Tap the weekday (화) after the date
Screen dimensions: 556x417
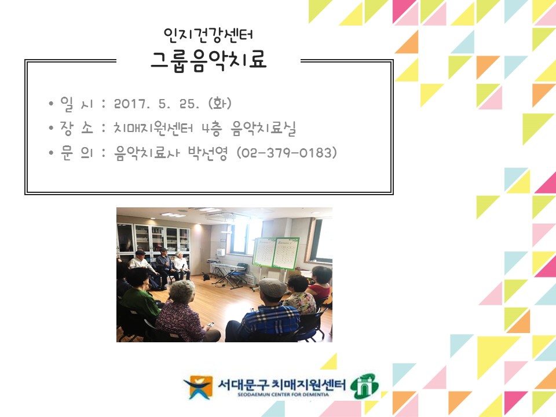pos(220,103)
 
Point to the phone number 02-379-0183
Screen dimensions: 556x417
pos(287,153)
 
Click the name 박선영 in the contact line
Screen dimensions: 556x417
pos(207,153)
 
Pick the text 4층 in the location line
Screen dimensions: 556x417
pos(212,129)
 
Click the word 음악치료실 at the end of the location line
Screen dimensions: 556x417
pos(264,129)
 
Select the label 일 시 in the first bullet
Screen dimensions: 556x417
pos(76,104)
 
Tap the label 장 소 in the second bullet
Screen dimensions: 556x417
pos(76,128)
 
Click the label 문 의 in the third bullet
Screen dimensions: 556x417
pos(76,152)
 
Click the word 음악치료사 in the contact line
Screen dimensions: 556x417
pos(147,153)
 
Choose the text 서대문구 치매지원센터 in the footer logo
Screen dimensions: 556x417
pos(281,384)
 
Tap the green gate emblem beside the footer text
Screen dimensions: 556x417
pos(364,386)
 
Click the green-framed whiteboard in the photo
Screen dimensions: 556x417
pos(276,252)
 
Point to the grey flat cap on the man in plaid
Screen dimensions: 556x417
pos(272,287)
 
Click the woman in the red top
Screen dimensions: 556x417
pos(320,284)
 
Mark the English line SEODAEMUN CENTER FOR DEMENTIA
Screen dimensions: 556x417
pos(283,394)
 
